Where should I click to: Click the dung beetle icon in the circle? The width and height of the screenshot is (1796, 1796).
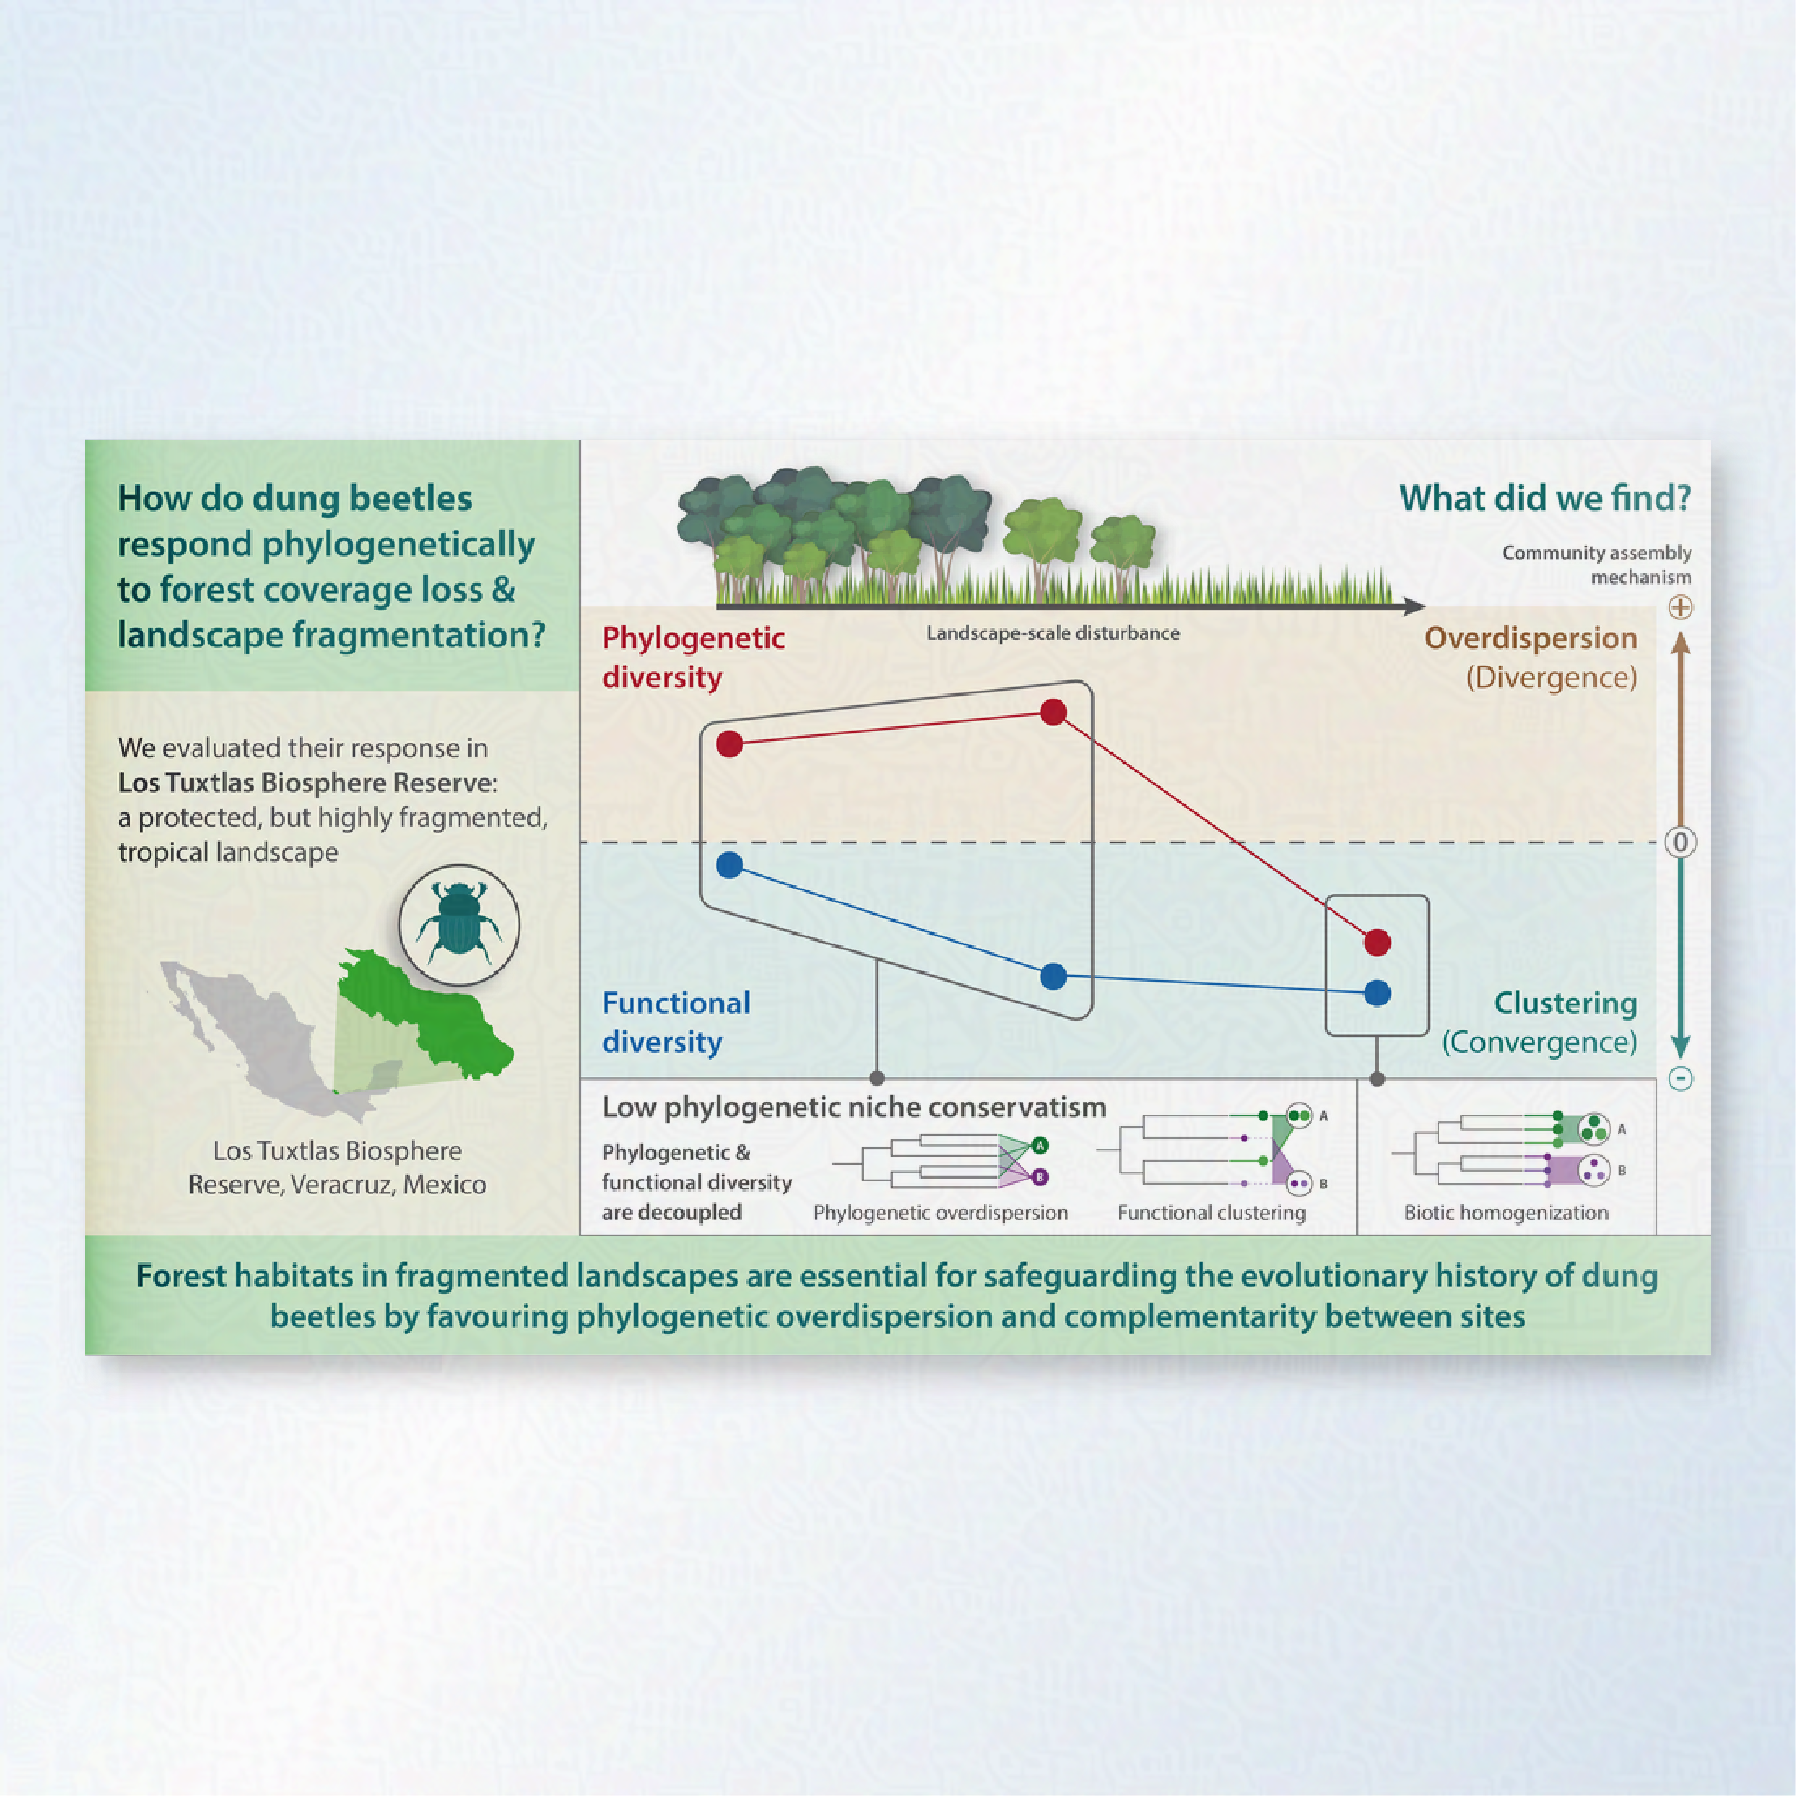pyautogui.click(x=459, y=923)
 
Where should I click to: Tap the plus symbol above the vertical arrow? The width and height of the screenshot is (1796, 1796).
pyautogui.click(x=1679, y=608)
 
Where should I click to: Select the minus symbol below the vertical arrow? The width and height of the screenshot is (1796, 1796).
pyautogui.click(x=1679, y=1079)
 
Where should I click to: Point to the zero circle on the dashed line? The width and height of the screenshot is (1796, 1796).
pyautogui.click(x=1679, y=842)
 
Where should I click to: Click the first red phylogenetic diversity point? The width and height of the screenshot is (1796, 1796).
pyautogui.click(x=730, y=743)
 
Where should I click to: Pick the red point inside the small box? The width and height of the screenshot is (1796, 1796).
pyautogui.click(x=1377, y=943)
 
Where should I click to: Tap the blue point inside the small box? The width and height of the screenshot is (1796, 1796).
pyautogui.click(x=1377, y=992)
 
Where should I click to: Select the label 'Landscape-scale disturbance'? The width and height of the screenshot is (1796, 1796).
pyautogui.click(x=1053, y=633)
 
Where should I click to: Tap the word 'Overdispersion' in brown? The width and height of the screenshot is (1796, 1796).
pyautogui.click(x=1531, y=638)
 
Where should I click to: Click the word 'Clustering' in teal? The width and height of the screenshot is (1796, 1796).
pyautogui.click(x=1566, y=1003)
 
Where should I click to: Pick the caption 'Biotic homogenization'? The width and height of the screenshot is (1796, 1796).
pyautogui.click(x=1506, y=1213)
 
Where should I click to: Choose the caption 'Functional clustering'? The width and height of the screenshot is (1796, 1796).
pyautogui.click(x=1211, y=1213)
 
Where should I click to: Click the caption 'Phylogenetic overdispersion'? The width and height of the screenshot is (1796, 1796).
pyautogui.click(x=940, y=1213)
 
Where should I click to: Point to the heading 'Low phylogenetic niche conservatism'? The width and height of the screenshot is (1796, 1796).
pyautogui.click(x=853, y=1107)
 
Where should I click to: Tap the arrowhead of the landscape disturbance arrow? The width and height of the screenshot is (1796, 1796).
pyautogui.click(x=1414, y=607)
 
